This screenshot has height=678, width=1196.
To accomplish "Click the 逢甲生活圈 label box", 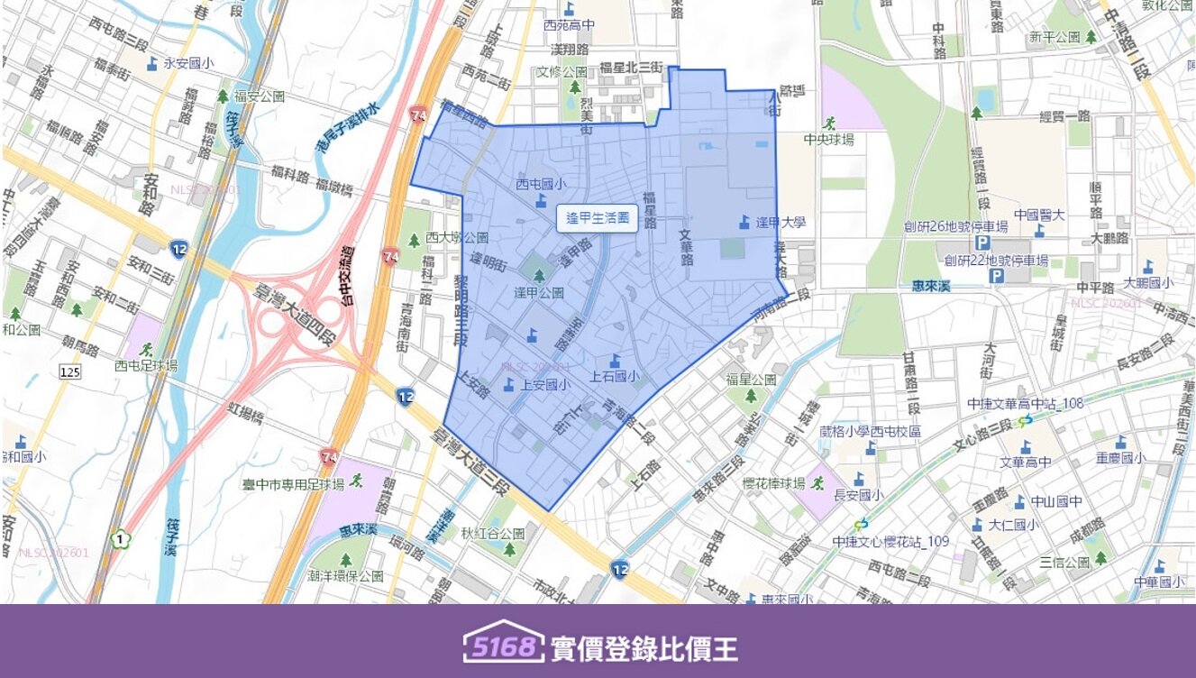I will pyautogui.click(x=597, y=218).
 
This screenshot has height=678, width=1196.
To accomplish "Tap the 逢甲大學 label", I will pyautogui.click(x=781, y=223).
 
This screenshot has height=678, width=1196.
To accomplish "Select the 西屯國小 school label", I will pyautogui.click(x=541, y=185).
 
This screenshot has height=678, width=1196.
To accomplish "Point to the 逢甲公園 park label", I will pyautogui.click(x=539, y=292).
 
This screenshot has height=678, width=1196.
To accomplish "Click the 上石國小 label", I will pyautogui.click(x=615, y=377).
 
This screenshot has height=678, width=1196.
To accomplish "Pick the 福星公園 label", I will pyautogui.click(x=751, y=380).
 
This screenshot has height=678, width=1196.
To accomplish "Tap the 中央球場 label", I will pyautogui.click(x=828, y=139).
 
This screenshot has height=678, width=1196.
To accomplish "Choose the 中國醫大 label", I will pyautogui.click(x=1039, y=215).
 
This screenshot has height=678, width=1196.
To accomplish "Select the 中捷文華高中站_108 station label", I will pyautogui.click(x=1025, y=403).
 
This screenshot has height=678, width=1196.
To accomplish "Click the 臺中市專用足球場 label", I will pyautogui.click(x=294, y=484).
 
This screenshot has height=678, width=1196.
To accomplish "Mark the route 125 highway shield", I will pyautogui.click(x=69, y=371).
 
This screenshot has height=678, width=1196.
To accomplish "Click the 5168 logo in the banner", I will pyautogui.click(x=504, y=646).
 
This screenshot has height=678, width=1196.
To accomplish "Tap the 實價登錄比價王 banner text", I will pyautogui.click(x=644, y=647).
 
